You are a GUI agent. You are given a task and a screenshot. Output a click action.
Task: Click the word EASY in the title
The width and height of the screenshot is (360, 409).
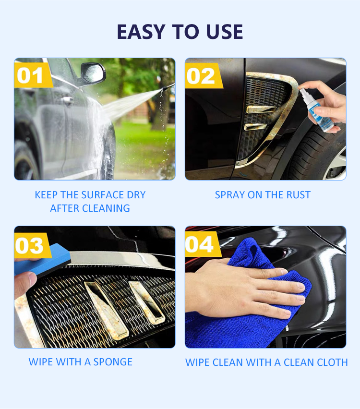tap(141, 32)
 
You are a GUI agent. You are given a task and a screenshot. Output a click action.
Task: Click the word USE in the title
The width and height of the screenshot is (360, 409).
tap(224, 32)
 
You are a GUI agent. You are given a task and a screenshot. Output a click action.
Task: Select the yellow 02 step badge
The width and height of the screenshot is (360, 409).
tap(203, 76)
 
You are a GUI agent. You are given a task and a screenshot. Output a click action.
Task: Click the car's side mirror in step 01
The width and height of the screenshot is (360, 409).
tap(93, 72)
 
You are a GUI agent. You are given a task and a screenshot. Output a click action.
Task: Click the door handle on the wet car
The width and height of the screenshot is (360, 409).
tap(67, 99)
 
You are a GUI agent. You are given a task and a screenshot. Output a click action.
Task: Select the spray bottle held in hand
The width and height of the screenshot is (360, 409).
tap(316, 110)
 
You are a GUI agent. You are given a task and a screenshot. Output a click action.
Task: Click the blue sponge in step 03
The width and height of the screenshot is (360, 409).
tap(42, 261)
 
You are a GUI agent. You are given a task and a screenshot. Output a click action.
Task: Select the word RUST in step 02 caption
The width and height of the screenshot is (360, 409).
tap(299, 195)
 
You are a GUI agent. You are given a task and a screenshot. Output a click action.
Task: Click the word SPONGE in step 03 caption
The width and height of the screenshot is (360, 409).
tap(113, 362)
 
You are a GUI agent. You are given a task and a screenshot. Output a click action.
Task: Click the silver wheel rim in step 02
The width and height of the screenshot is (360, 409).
tap(336, 164)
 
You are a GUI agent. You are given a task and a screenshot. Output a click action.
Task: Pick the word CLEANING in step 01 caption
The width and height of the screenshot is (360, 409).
tap(106, 208)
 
